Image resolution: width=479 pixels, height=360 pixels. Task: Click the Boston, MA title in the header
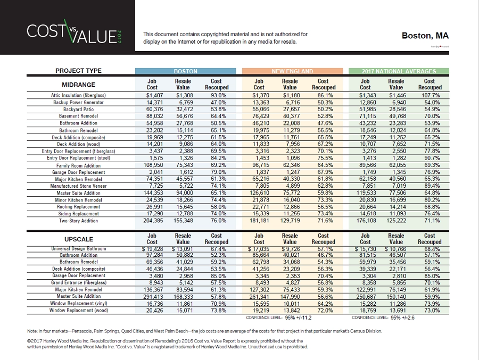tap(425, 36)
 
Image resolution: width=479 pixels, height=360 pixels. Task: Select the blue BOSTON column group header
tap(185, 71)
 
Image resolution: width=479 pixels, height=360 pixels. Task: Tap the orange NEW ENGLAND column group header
tap(292, 71)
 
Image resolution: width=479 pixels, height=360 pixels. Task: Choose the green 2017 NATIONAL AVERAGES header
tap(399, 71)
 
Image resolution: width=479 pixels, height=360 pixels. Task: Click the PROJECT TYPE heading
tap(78, 71)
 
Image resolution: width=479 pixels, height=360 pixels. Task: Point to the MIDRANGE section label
tap(78, 85)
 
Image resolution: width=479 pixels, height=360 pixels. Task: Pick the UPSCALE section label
tap(79, 239)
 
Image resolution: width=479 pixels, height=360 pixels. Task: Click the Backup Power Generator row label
tap(79, 102)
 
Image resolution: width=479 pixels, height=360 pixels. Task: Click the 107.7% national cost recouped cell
tap(430, 95)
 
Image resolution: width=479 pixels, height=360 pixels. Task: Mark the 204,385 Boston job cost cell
tap(152, 220)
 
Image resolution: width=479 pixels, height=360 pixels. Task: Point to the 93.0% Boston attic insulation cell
tap(216, 95)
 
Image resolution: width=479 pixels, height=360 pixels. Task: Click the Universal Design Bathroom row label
tap(78, 249)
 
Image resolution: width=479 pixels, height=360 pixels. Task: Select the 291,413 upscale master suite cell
tap(152, 296)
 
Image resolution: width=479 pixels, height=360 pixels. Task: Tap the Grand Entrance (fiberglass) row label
tap(78, 283)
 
